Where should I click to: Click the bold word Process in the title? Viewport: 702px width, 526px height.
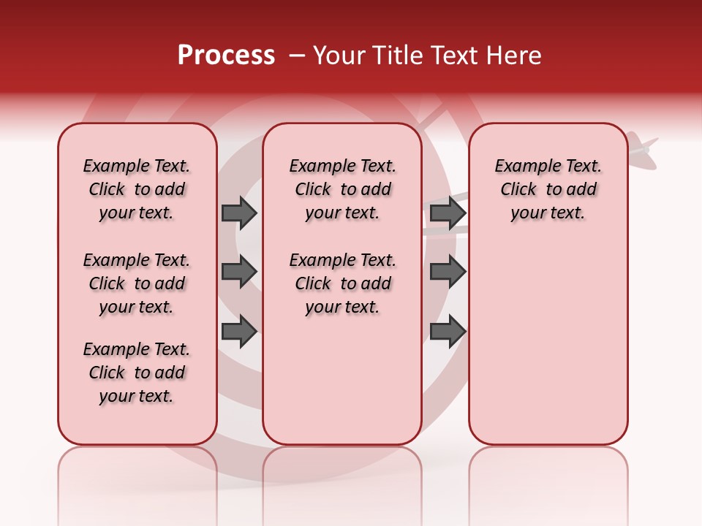tap(226, 56)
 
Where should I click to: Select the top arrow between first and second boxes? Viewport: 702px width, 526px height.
tap(239, 213)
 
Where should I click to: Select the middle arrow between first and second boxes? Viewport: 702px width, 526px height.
tap(239, 271)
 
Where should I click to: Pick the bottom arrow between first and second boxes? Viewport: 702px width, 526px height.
tap(239, 331)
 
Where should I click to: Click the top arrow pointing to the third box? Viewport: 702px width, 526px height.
tap(448, 213)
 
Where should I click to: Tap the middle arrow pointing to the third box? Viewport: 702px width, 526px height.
tap(448, 271)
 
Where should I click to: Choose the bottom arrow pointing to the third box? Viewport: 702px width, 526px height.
tap(448, 331)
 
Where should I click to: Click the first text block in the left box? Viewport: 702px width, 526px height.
tap(137, 189)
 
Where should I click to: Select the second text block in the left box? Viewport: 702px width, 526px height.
tap(137, 283)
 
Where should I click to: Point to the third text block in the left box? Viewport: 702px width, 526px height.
tap(137, 373)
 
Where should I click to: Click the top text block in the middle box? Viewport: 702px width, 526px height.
tap(343, 189)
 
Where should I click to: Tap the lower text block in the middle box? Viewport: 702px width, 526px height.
tap(343, 283)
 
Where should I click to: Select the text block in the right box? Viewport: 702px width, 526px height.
tap(548, 189)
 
